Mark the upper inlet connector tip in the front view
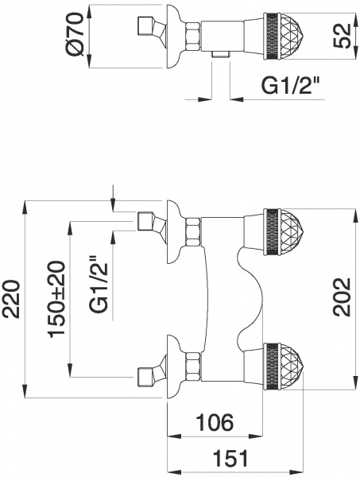point(145,221)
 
